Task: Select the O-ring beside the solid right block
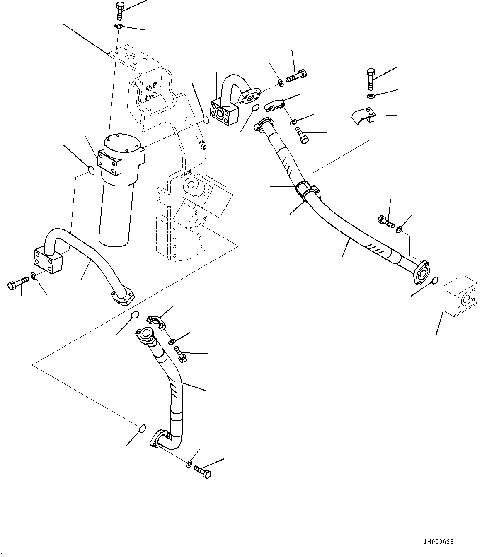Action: (434, 281)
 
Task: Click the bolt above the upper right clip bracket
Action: (371, 78)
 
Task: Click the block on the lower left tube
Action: (47, 259)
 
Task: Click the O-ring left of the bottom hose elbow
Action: (142, 427)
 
